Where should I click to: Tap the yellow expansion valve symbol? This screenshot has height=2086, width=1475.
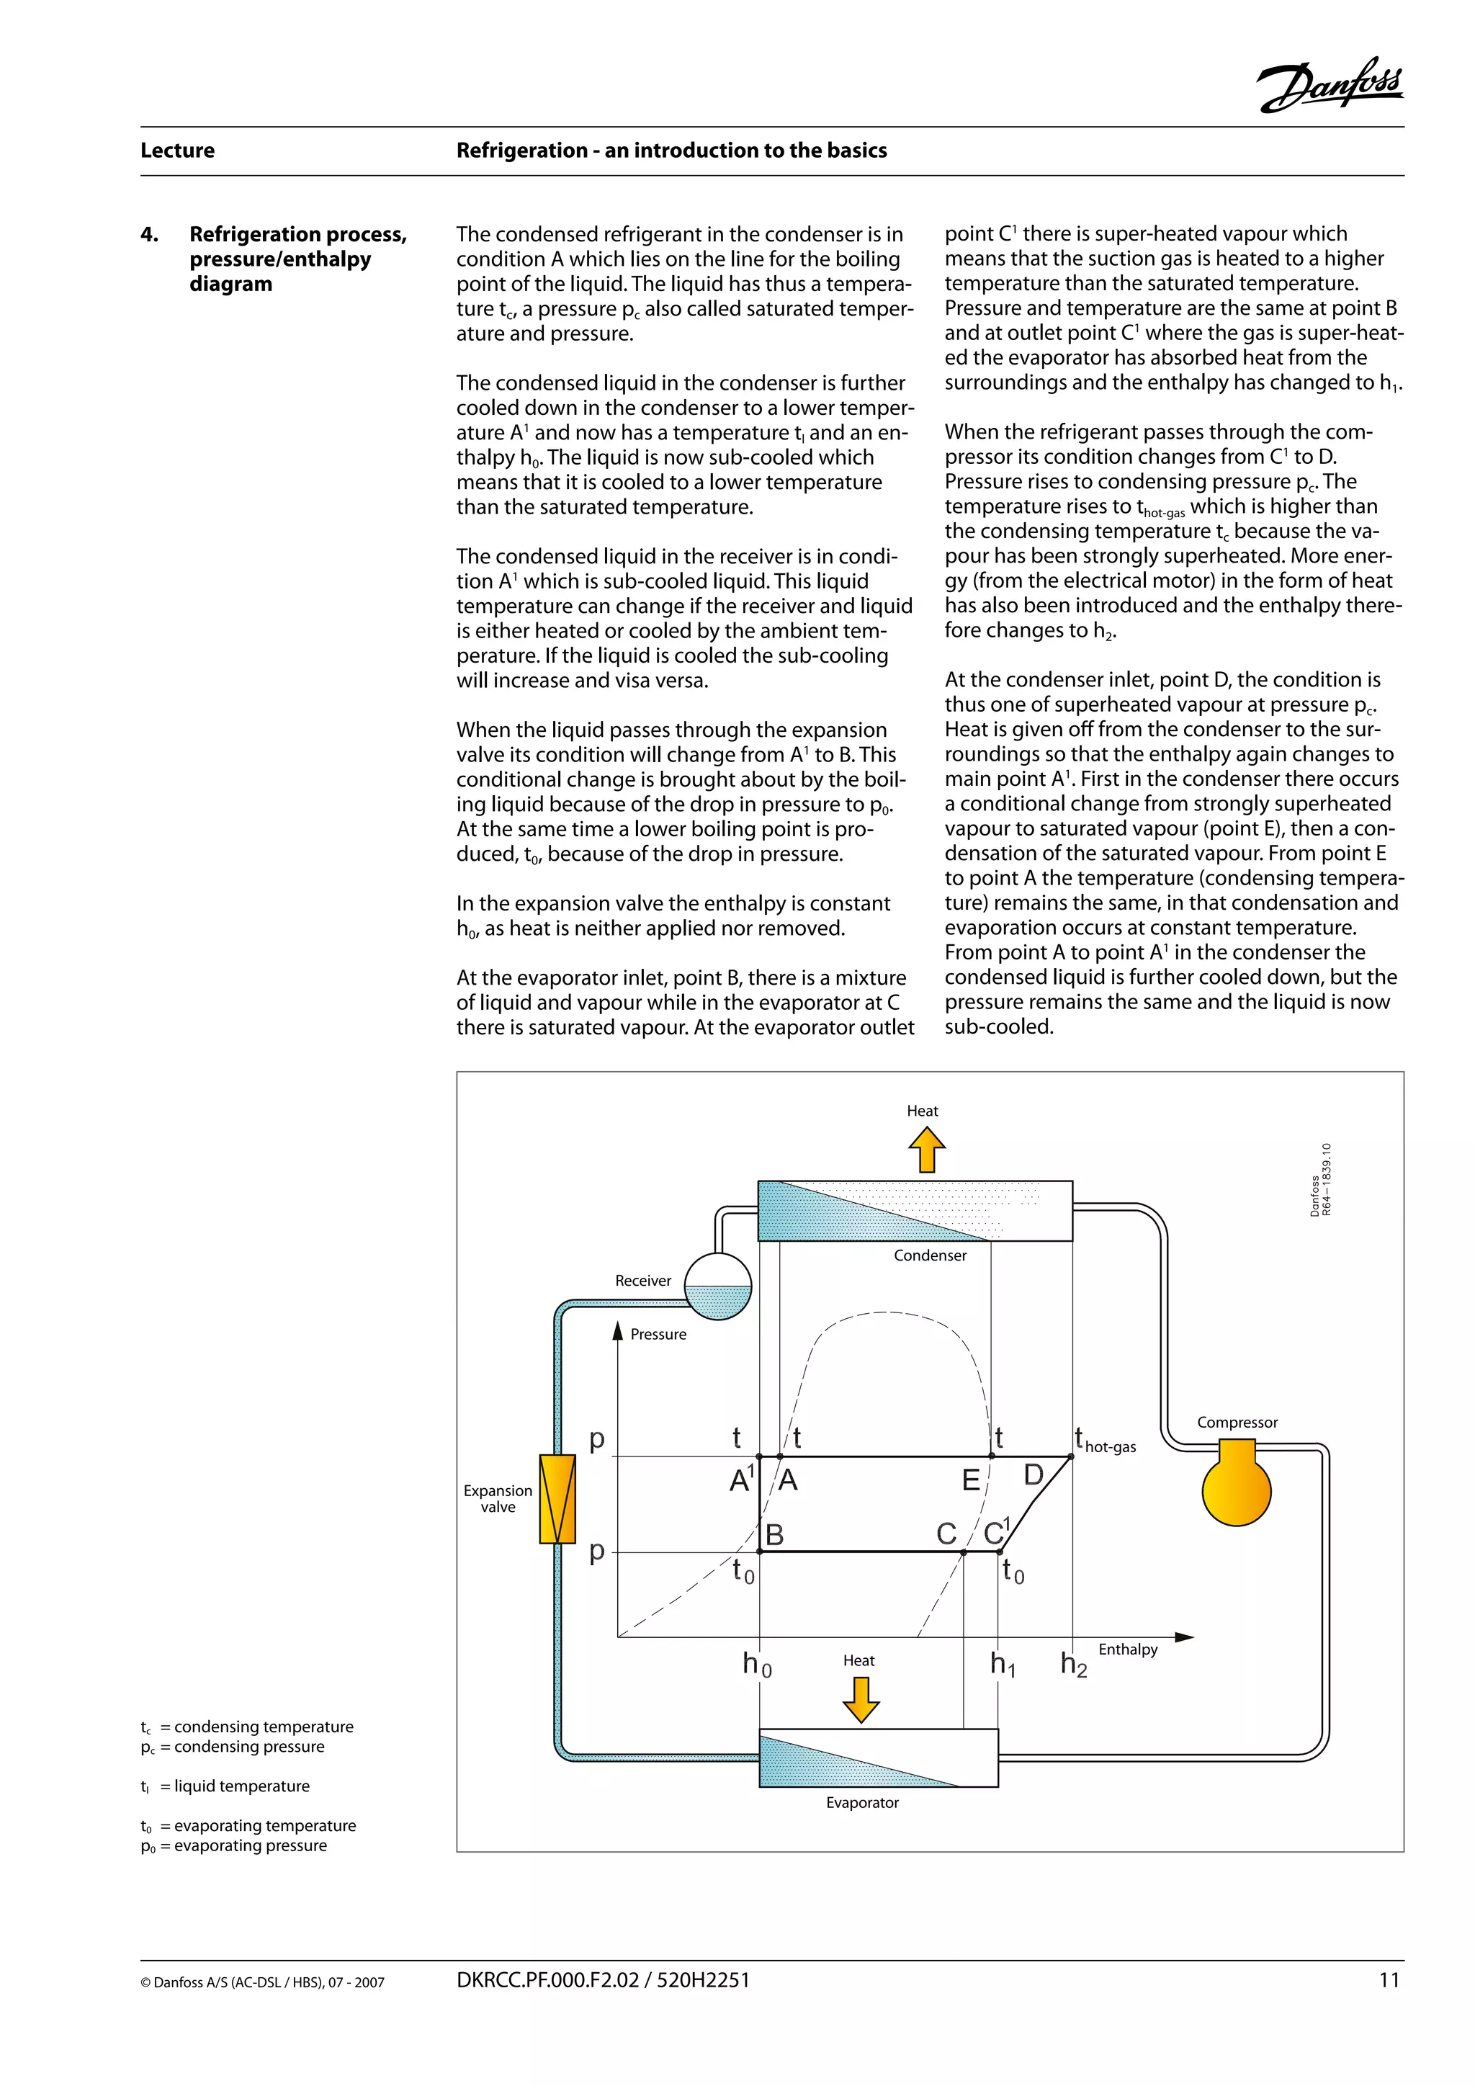557,1498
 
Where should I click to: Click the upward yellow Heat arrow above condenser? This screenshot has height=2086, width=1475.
926,1150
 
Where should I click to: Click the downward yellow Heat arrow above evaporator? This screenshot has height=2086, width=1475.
860,1699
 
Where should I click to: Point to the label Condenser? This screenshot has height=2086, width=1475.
929,1255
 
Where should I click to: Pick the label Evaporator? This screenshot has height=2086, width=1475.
862,1802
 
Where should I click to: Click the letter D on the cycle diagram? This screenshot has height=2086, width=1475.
1034,1474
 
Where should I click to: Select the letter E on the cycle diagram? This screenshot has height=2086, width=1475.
971,1480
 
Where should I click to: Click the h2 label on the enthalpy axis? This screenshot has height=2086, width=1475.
1074,1665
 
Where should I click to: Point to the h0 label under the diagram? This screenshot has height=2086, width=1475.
756,1665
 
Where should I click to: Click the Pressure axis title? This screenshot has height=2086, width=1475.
658,1334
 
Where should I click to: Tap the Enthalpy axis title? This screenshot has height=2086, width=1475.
1127,1649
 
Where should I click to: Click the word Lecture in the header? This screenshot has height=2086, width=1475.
177,151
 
